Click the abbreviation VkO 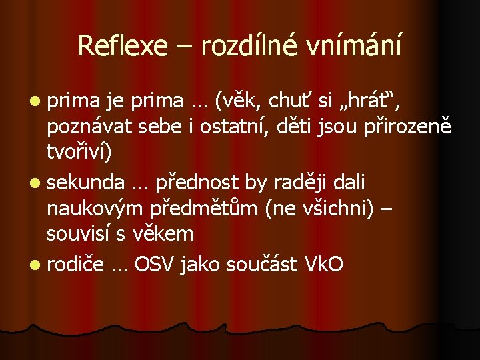323,265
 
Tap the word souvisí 79,233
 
